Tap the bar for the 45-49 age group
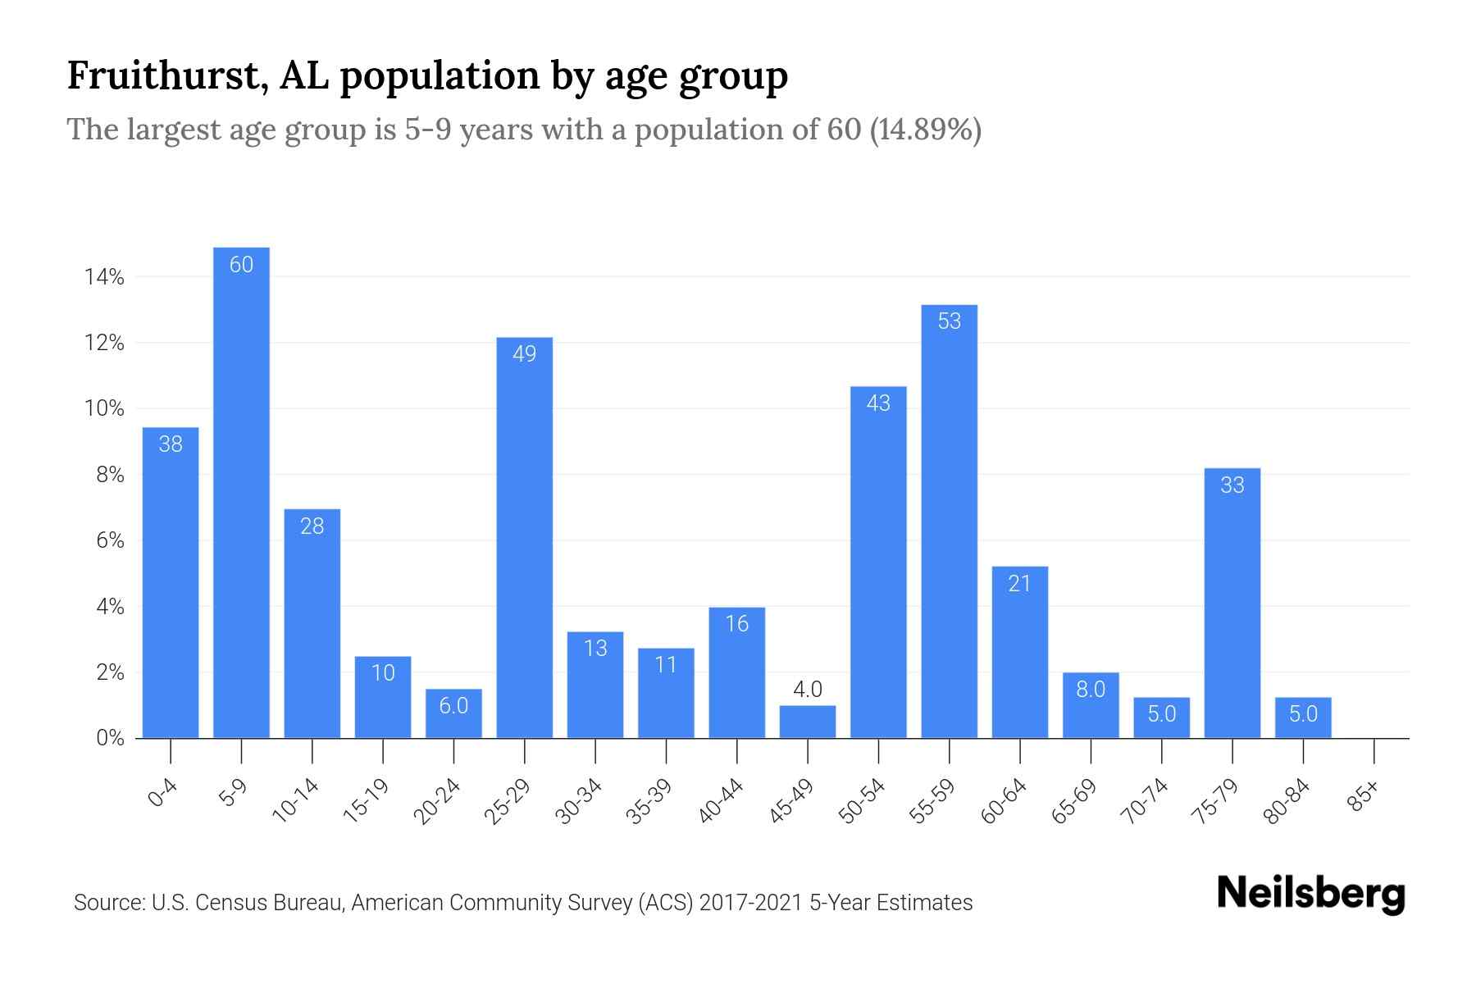pos(808,722)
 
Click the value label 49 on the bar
pos(524,354)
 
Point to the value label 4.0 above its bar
pos(808,690)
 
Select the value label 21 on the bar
pos(1019,584)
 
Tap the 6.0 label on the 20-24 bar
pos(453,706)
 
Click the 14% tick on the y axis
pos(104,277)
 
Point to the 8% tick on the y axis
pos(110,476)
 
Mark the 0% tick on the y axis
pos(110,738)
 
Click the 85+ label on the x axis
pos(1363,797)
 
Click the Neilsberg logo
pos(1310,894)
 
